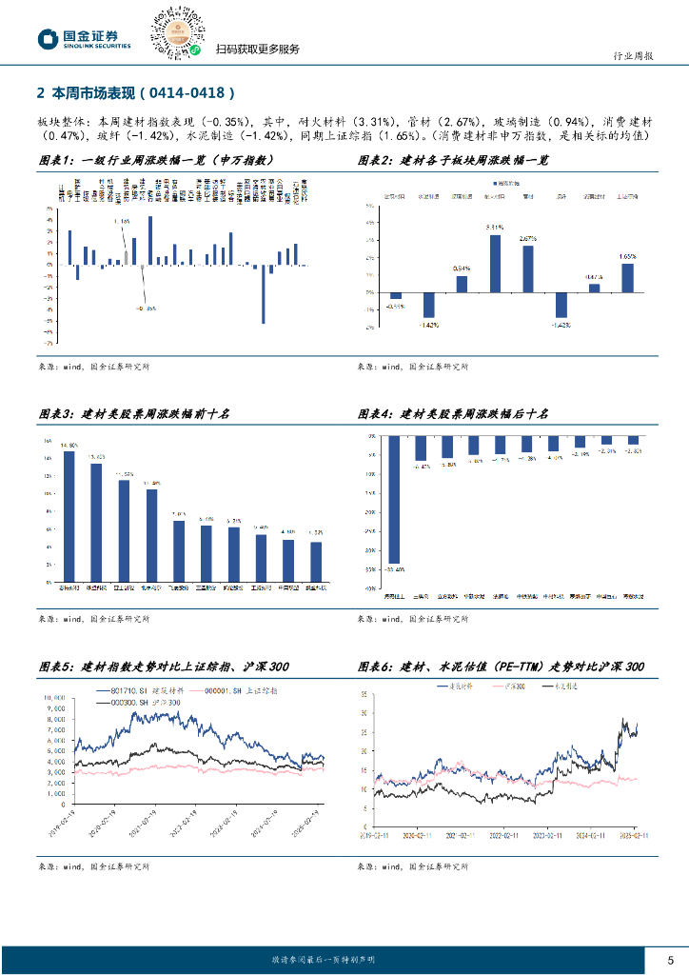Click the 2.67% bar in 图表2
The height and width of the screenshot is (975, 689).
(x=528, y=269)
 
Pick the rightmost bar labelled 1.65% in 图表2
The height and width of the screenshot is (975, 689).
(x=627, y=277)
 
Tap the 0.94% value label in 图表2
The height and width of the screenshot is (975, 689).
(x=462, y=269)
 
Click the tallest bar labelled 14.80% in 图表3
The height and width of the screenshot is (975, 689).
(x=69, y=520)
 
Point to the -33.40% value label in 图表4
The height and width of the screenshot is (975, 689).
(x=395, y=568)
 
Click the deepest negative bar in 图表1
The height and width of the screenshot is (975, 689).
(x=263, y=294)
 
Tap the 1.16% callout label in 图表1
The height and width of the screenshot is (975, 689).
(x=121, y=221)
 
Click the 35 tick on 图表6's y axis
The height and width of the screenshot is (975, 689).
(x=364, y=688)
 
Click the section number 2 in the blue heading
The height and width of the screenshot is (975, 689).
(x=40, y=93)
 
